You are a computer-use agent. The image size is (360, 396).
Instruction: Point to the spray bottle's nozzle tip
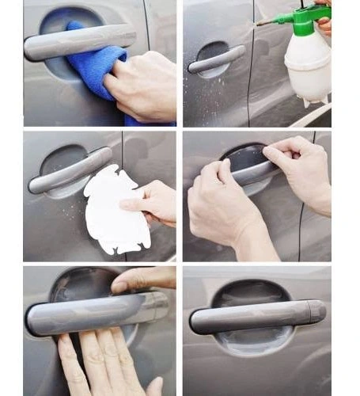(259, 23)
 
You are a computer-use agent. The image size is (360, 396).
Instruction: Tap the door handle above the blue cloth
(79, 41)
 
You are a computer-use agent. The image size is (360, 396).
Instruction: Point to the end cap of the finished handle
(316, 310)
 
